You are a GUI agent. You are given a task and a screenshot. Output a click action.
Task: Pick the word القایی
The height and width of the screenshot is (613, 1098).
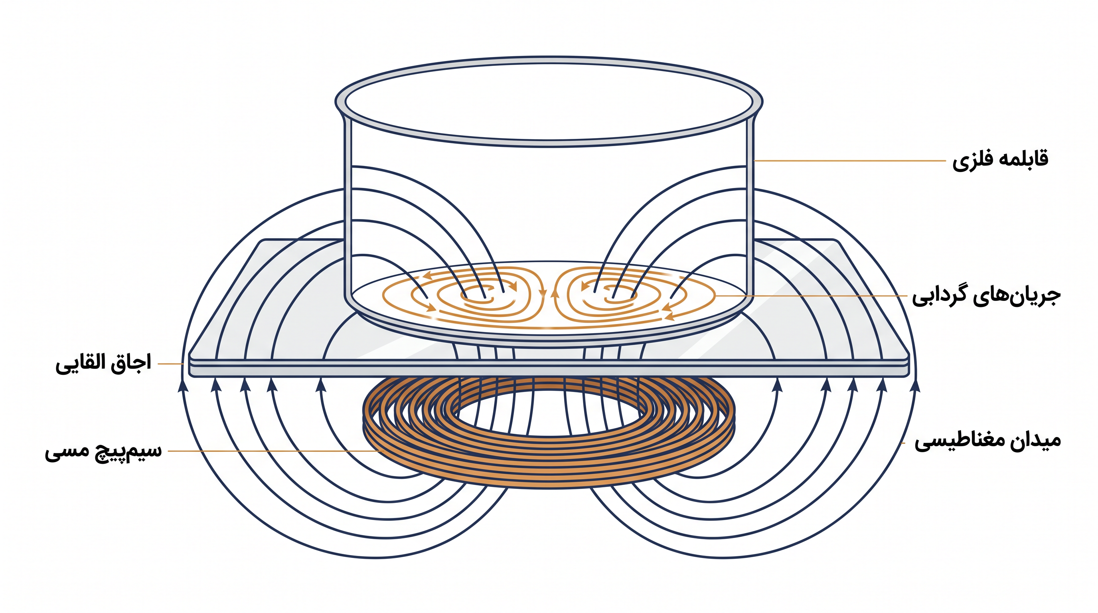pyautogui.click(x=81, y=364)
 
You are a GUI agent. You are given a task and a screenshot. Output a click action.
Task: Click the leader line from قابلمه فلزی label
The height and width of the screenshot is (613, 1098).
pyautogui.click(x=849, y=161)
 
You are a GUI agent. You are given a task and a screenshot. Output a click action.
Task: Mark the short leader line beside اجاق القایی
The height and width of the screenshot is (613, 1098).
pyautogui.click(x=171, y=364)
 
